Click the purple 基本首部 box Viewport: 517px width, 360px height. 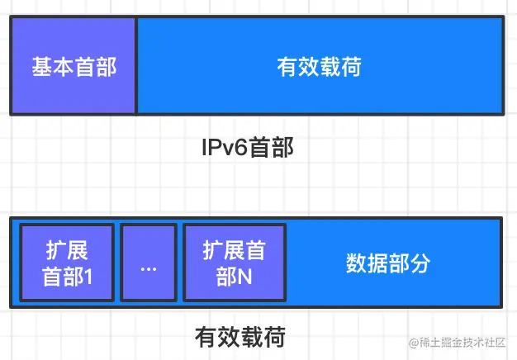pos(74,65)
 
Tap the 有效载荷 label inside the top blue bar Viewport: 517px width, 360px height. pos(319,66)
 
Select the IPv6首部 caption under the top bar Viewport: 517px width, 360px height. pos(248,149)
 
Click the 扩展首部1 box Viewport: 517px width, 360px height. pos(66,263)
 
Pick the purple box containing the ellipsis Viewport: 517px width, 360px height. pos(149,263)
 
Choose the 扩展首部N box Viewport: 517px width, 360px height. pos(235,263)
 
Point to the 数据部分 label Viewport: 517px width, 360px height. pos(388,263)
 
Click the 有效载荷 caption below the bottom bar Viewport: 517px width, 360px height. pos(240,337)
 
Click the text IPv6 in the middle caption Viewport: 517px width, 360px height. pos(224,149)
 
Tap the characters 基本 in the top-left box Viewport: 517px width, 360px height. pos(53,66)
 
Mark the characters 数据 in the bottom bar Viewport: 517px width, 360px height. pos(367,263)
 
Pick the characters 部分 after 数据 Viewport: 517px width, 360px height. pos(410,263)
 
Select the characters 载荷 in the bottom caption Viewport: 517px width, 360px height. pos(263,337)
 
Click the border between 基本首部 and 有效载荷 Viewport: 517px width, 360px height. pos(136,65)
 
